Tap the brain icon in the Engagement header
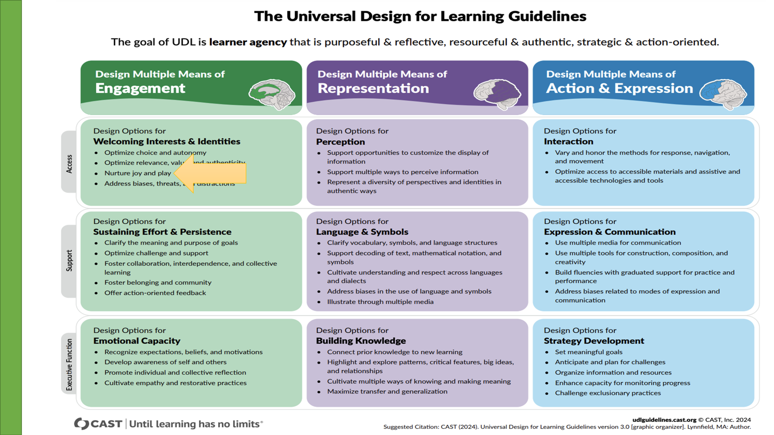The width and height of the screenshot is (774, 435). click(272, 94)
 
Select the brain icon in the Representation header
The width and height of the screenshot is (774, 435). click(497, 94)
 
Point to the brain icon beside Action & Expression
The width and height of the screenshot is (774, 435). click(723, 94)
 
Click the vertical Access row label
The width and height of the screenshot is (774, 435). click(69, 163)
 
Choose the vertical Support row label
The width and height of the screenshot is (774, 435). click(69, 261)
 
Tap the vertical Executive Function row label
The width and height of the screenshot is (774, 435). click(69, 364)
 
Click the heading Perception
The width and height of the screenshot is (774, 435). click(341, 142)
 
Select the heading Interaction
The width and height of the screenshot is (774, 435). click(568, 142)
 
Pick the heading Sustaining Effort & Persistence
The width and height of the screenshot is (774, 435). click(162, 232)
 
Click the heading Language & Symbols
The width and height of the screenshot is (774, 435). click(362, 232)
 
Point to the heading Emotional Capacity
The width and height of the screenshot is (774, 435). click(136, 341)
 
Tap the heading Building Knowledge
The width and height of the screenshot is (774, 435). click(361, 341)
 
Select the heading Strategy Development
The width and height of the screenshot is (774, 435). click(594, 341)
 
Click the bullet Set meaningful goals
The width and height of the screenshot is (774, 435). click(588, 352)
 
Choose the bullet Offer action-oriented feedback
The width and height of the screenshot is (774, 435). click(155, 293)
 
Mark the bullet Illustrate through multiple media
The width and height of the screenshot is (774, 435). click(380, 302)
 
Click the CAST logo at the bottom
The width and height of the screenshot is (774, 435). click(98, 424)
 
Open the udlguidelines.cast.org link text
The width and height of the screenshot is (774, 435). click(664, 420)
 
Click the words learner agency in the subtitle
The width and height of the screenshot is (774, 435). click(248, 42)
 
